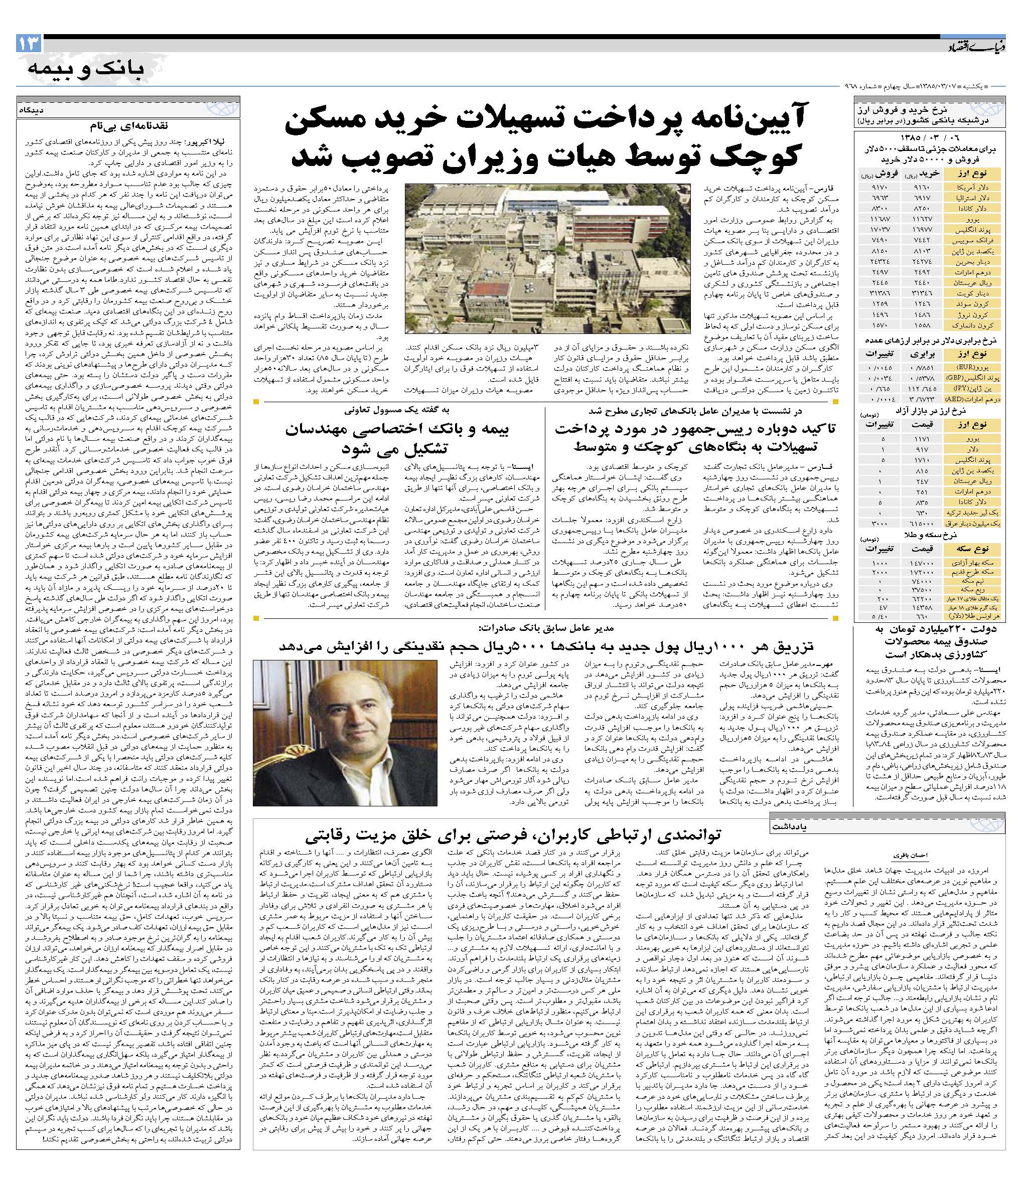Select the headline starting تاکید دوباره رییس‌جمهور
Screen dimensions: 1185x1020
coord(694,429)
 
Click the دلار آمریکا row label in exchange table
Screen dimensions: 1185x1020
coord(980,187)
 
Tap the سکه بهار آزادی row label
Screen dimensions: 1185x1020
coord(979,563)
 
